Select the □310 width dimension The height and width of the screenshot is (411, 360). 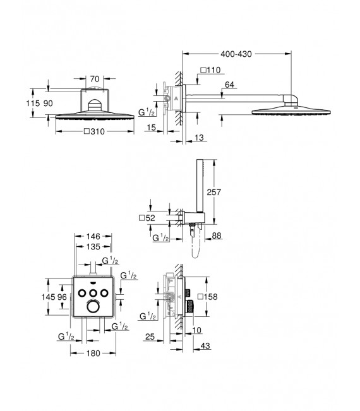(95, 132)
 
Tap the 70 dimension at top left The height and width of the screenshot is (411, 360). (95, 79)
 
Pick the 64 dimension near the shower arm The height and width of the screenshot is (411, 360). (229, 84)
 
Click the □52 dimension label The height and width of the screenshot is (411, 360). (146, 218)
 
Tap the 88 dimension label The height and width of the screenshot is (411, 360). (217, 236)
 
